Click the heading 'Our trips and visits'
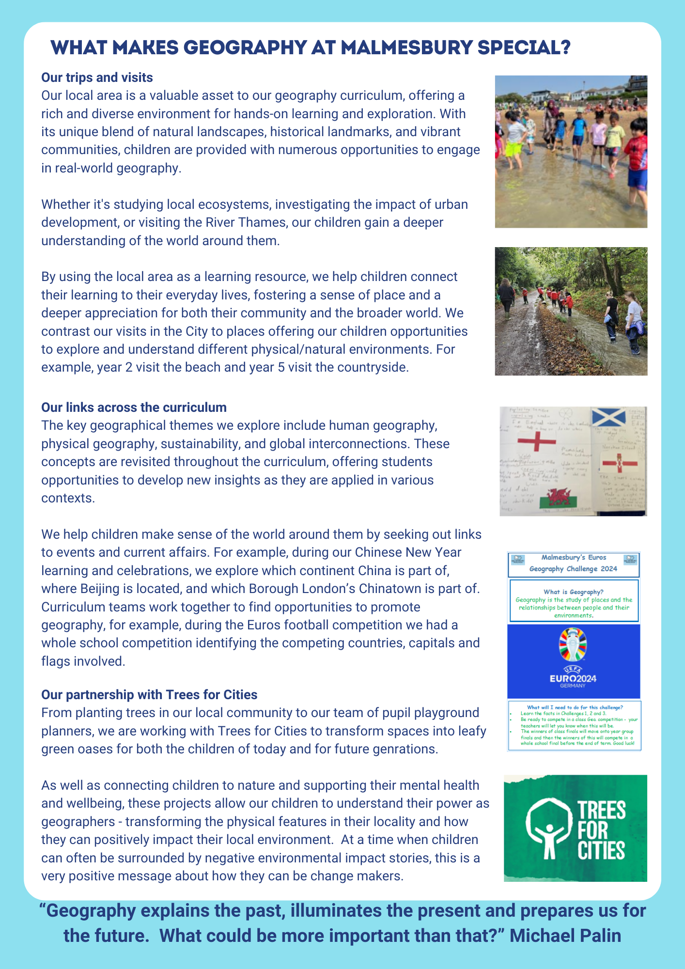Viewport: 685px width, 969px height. click(97, 78)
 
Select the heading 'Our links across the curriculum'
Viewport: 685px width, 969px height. click(134, 407)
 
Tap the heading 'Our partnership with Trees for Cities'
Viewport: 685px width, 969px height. click(149, 694)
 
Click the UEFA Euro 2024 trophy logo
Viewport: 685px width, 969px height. click(573, 644)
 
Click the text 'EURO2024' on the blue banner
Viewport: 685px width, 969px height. click(573, 678)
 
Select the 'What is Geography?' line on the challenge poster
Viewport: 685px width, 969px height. click(574, 592)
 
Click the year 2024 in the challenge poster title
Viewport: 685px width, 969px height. click(608, 569)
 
